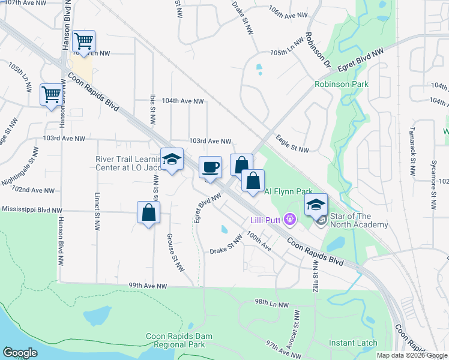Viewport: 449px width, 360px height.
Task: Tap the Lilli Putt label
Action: tap(266, 220)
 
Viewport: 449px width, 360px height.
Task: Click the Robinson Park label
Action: tap(342, 85)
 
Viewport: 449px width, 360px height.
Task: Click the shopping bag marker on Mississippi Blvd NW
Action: tap(148, 213)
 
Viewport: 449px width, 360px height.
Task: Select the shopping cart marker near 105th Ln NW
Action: tap(84, 41)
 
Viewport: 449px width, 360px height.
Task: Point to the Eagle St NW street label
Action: tap(292, 143)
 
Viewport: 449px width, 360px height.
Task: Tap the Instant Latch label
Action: tap(353, 343)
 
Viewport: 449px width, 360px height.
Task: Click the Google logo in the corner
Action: tap(20, 352)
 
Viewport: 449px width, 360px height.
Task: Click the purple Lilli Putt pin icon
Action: tap(291, 220)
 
